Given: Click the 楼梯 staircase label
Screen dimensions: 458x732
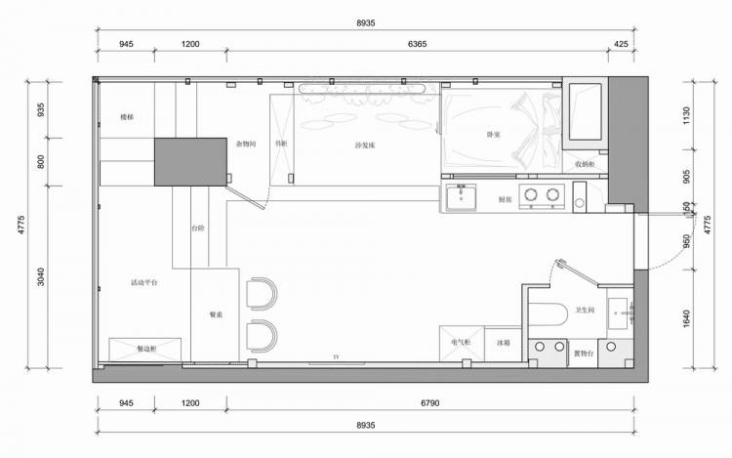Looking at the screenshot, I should [127, 117].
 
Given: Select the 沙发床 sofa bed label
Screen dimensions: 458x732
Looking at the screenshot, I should [366, 145].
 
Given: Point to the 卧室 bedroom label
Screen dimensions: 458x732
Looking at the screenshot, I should [494, 134].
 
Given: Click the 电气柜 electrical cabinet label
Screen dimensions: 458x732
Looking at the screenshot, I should [461, 342].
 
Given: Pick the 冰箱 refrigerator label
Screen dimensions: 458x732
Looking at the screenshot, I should [503, 343].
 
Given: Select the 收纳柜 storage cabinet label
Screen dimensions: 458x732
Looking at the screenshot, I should [585, 164].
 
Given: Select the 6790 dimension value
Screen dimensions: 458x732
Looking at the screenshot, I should [430, 400].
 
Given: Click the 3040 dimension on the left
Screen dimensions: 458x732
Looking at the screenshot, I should [40, 276].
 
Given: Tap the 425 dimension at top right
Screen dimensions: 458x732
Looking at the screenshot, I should [621, 45].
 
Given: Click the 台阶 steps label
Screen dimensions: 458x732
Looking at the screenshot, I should [198, 228].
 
